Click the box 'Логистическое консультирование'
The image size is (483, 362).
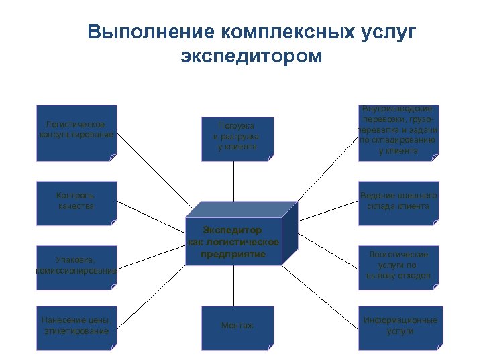(x=76, y=131)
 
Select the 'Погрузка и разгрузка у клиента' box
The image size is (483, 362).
(x=237, y=138)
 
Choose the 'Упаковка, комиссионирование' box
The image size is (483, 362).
(x=76, y=267)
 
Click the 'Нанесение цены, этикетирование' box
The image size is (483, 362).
(x=76, y=327)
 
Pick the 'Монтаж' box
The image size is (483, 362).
(x=237, y=327)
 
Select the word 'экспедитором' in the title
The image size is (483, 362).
(x=252, y=56)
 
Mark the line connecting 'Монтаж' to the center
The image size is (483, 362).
(x=234, y=286)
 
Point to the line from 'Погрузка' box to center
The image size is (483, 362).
(x=234, y=181)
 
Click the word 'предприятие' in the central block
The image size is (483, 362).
(x=233, y=255)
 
